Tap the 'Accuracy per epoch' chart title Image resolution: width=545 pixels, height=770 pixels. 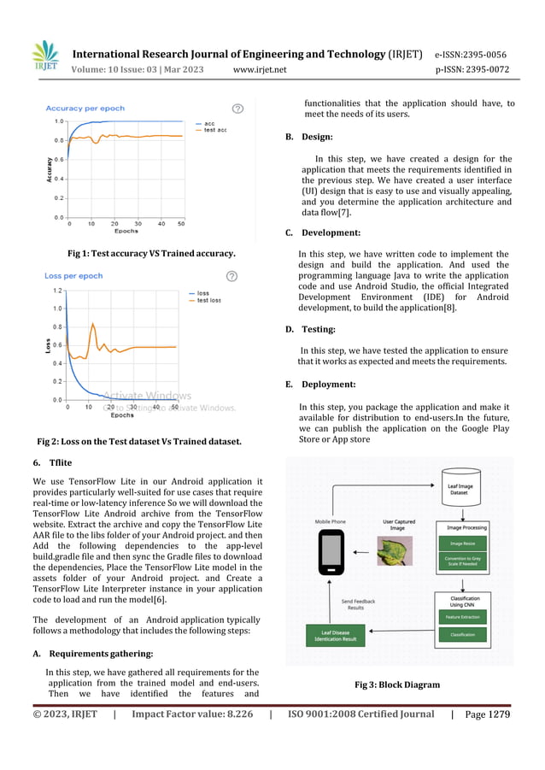pyautogui.click(x=85, y=109)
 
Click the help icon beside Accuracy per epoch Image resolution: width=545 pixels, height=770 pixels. pyautogui.click(x=237, y=109)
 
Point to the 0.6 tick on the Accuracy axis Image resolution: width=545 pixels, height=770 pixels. pyautogui.click(x=58, y=159)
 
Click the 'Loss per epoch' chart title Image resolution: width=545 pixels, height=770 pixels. pyautogui.click(x=73, y=276)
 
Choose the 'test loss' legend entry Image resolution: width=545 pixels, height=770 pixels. pyautogui.click(x=208, y=301)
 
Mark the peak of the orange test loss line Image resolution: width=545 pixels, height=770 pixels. pyautogui.click(x=93, y=324)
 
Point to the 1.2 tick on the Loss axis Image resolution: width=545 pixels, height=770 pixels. pyautogui.click(x=56, y=291)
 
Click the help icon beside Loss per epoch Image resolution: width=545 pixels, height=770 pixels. pyautogui.click(x=231, y=276)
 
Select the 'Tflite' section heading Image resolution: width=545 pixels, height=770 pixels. pyautogui.click(x=61, y=462)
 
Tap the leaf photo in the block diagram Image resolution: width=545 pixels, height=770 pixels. pyautogui.click(x=395, y=550)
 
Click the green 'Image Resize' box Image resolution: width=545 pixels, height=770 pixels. pyautogui.click(x=461, y=542)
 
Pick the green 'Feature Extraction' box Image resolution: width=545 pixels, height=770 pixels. pyautogui.click(x=461, y=616)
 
